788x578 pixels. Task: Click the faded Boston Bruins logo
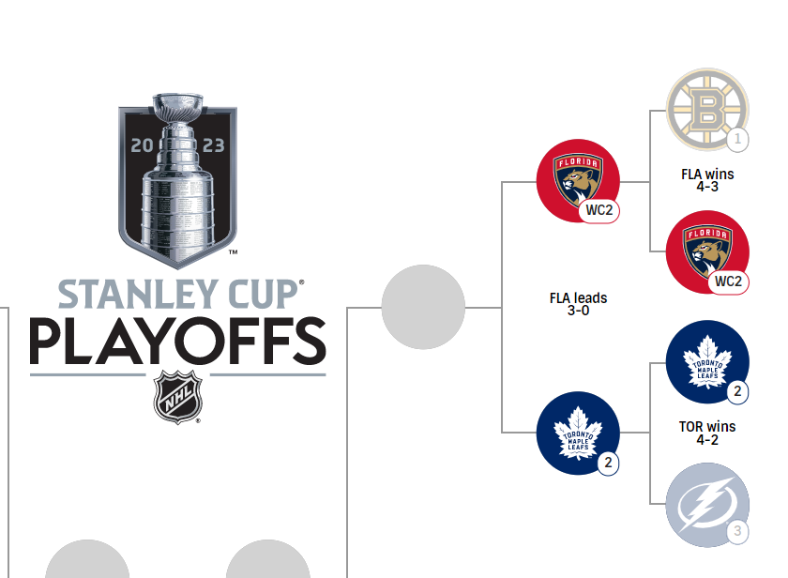[x=707, y=110]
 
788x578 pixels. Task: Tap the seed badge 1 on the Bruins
[x=737, y=139]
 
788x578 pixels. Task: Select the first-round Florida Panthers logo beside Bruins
[x=707, y=251]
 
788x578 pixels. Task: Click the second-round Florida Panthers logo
[x=578, y=180]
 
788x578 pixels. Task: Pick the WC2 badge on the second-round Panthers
[x=599, y=210]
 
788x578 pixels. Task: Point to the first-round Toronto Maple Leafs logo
[x=707, y=362]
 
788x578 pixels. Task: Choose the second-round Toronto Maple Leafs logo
[x=578, y=433]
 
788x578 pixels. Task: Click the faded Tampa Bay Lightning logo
[x=707, y=505]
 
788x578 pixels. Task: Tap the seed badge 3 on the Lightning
[x=737, y=531]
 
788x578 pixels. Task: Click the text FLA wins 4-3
[x=707, y=180]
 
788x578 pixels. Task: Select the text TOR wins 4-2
[x=707, y=433]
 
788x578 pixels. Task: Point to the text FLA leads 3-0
[x=578, y=304]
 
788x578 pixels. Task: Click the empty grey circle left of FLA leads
[x=423, y=307]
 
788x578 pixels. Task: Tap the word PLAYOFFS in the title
[x=178, y=342]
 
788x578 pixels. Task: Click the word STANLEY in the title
[x=138, y=295]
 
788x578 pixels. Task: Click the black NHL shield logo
[x=178, y=397]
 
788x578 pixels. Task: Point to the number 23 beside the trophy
[x=214, y=145]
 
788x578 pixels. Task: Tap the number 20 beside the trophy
[x=142, y=145]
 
